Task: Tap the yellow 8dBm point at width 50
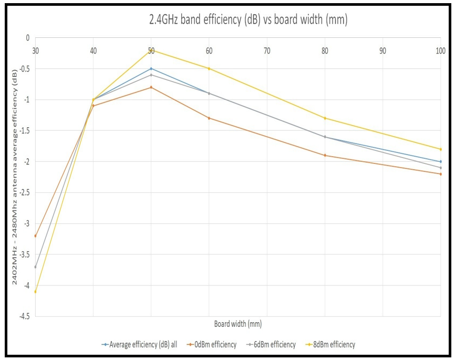151,50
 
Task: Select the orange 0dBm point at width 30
35,236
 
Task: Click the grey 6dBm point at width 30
35,267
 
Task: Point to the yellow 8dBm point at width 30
35,292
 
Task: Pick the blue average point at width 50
151,68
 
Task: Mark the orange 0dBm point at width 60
209,118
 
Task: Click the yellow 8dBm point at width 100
440,149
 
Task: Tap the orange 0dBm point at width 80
325,156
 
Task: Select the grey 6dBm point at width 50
151,75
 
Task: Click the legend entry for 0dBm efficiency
213,345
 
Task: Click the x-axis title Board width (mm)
237,324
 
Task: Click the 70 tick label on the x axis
267,50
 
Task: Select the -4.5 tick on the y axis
23,316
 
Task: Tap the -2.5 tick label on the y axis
23,193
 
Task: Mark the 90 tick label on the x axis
382,50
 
